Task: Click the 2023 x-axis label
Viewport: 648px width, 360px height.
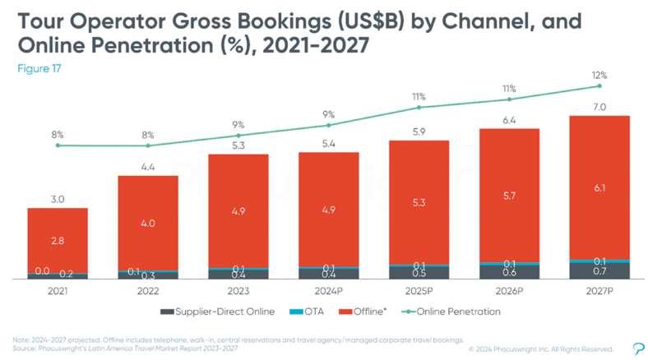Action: click(238, 292)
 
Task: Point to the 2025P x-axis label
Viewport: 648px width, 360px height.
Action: click(419, 292)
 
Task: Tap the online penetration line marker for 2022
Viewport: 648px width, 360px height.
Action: click(148, 145)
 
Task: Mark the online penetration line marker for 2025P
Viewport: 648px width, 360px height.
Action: click(419, 108)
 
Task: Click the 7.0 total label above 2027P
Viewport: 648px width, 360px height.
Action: click(599, 107)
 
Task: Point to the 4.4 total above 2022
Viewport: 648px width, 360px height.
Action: click(148, 167)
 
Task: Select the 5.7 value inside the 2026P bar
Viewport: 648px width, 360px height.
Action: click(509, 196)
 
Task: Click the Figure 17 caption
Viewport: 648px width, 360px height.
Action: click(39, 68)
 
